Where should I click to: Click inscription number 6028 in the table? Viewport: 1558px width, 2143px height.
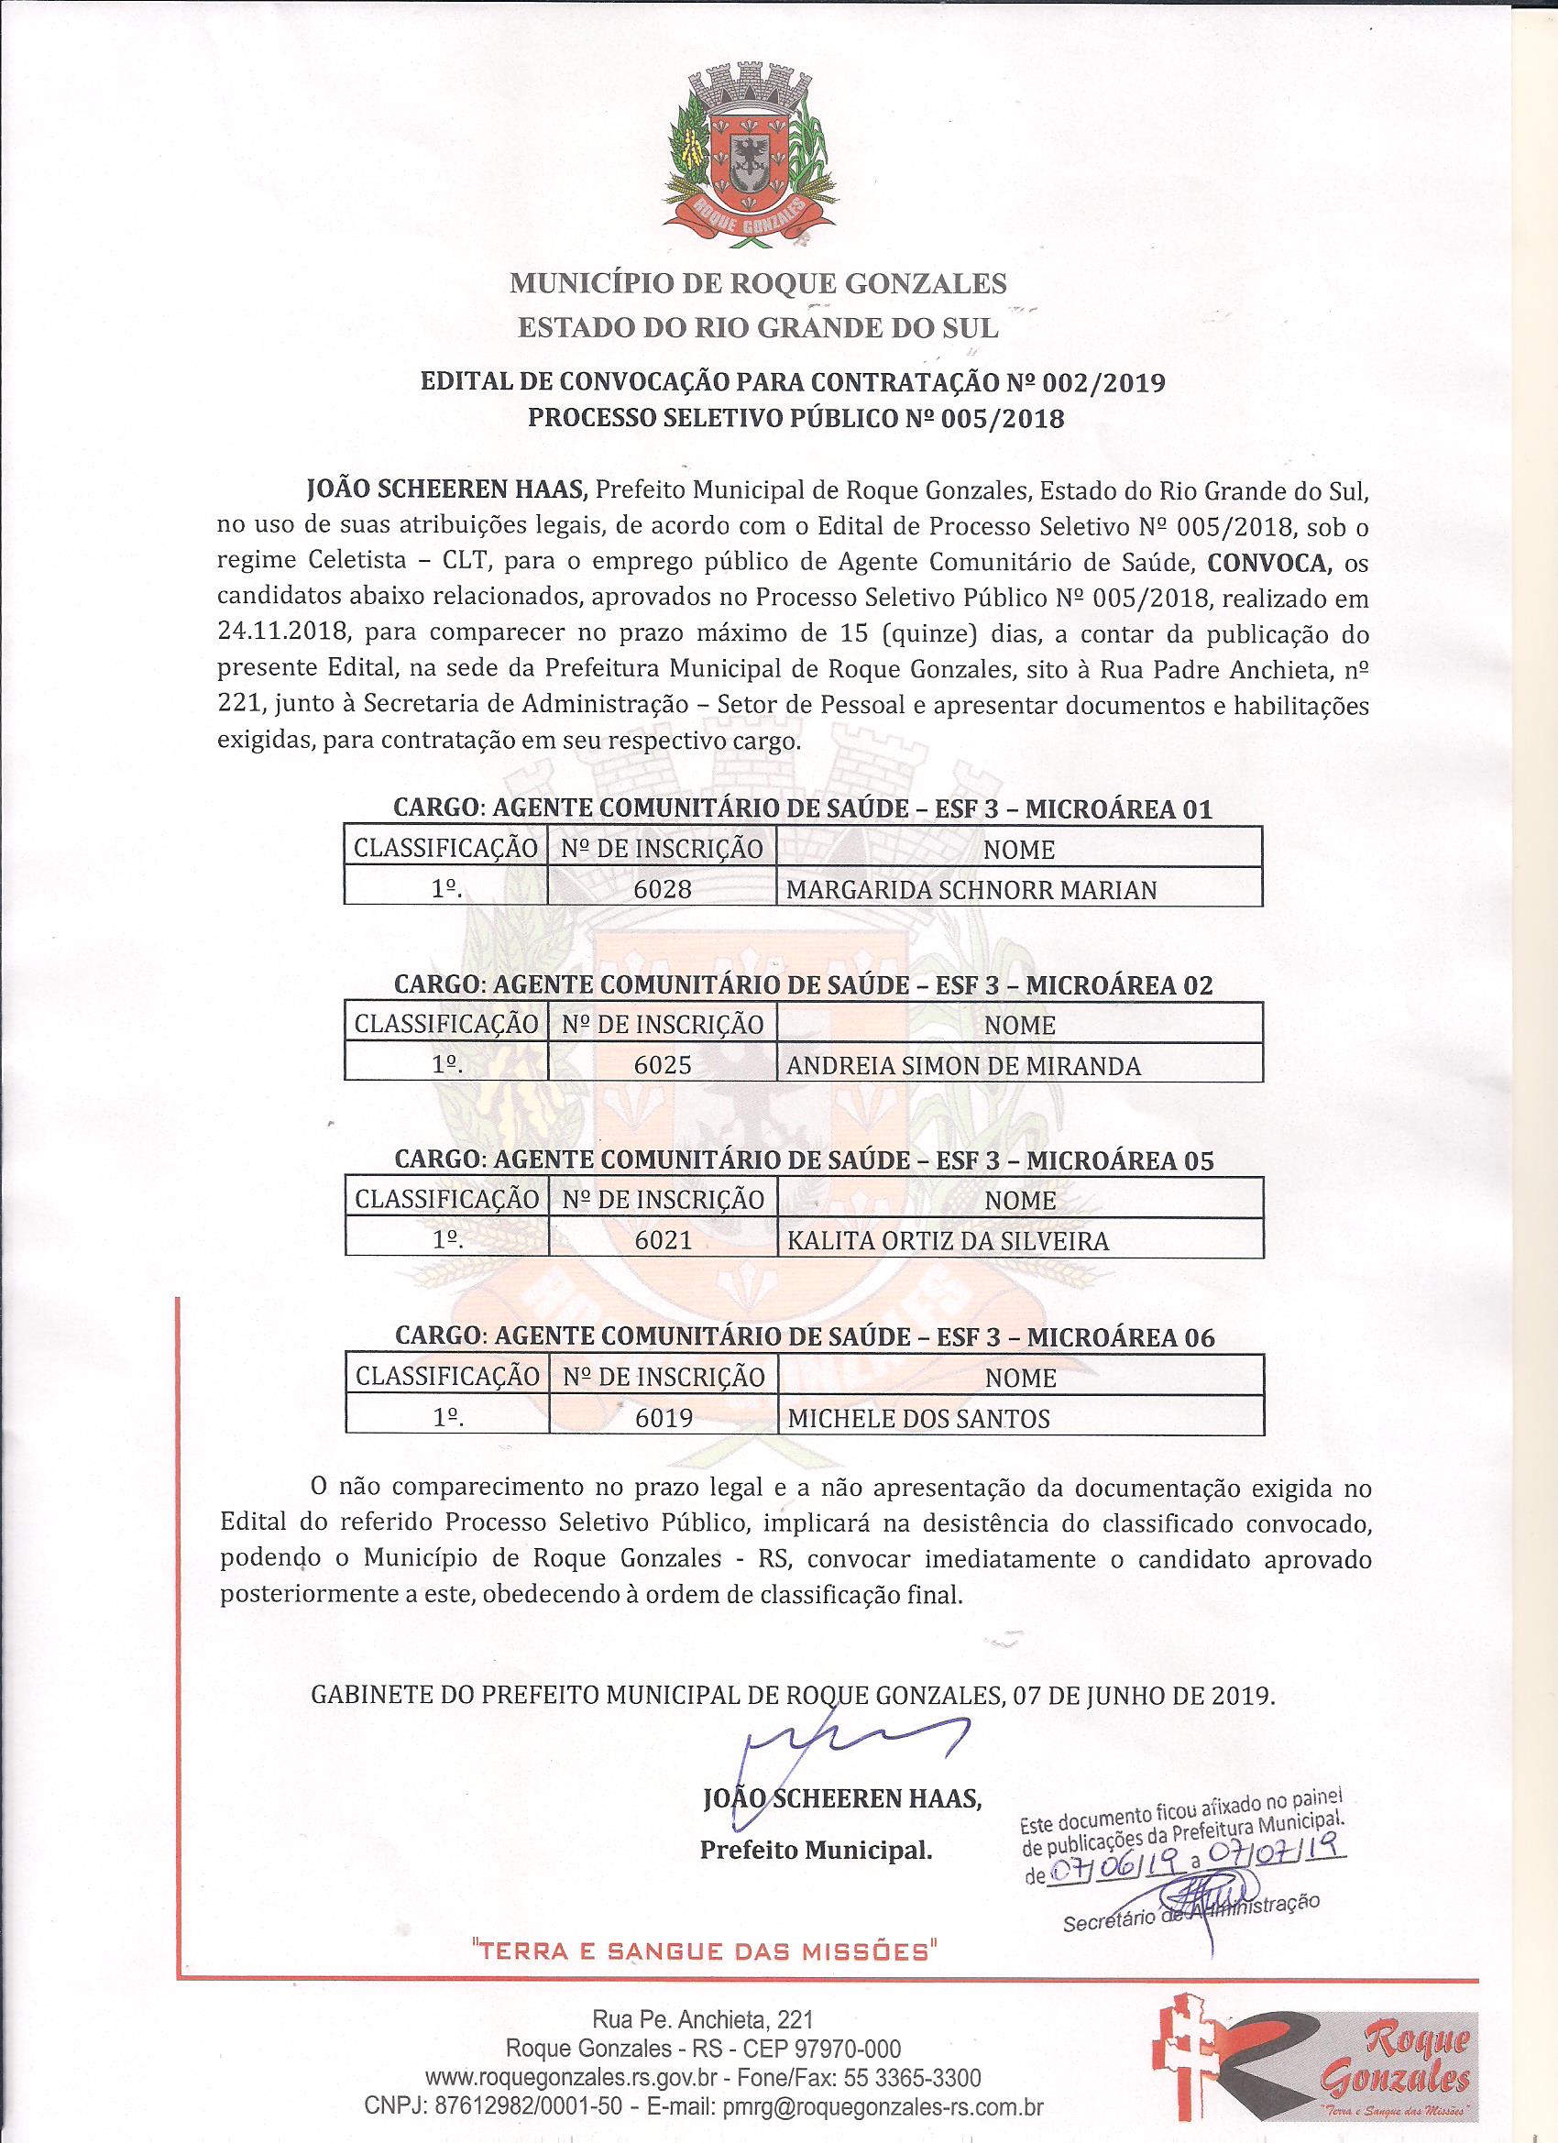point(664,889)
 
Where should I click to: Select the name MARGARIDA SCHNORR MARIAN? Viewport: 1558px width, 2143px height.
point(971,889)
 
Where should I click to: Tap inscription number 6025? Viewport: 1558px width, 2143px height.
point(664,1065)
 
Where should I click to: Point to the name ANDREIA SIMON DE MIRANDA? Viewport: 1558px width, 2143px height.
point(964,1066)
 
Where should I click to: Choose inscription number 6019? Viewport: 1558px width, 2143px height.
point(664,1417)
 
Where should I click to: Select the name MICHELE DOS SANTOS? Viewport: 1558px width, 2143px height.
point(918,1417)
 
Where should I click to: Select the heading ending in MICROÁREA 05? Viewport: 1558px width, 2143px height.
point(803,1159)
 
